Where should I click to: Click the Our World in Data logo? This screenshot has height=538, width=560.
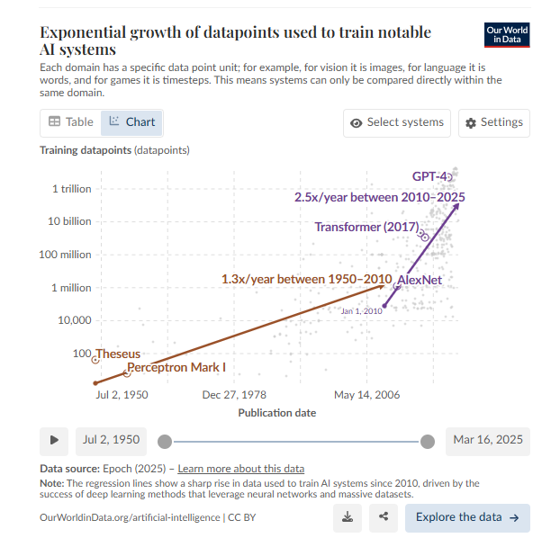[507, 35]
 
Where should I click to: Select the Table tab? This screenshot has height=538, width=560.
[71, 121]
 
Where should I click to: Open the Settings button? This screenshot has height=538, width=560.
[493, 122]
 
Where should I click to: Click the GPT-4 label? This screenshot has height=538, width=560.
[429, 176]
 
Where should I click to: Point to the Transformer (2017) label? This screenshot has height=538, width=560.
[366, 227]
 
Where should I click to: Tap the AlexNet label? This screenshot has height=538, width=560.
[420, 280]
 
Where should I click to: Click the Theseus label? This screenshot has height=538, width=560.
[118, 354]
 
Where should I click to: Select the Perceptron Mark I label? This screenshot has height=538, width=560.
[176, 367]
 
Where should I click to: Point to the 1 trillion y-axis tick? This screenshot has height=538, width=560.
[71, 189]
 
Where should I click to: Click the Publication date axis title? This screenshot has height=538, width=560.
[276, 412]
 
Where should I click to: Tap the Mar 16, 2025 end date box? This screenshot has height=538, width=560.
[487, 440]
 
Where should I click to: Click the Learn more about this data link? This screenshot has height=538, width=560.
[241, 469]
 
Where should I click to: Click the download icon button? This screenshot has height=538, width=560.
[348, 516]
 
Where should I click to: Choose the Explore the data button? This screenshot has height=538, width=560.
[466, 517]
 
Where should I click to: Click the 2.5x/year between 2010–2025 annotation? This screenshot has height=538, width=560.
[380, 196]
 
